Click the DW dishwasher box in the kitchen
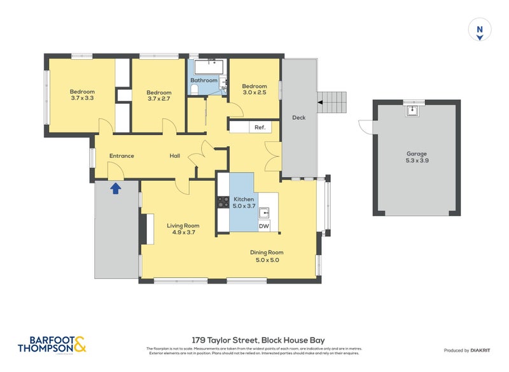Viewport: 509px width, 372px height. (264, 225)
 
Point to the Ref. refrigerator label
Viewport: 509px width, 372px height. (260, 127)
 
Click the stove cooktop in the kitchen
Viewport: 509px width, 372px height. (224, 202)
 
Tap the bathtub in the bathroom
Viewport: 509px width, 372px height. (207, 67)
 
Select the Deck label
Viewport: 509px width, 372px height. (298, 117)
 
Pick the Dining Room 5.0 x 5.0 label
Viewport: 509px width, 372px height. (267, 256)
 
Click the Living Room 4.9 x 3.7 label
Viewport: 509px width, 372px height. (183, 229)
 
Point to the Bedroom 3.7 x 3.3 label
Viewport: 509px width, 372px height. (82, 95)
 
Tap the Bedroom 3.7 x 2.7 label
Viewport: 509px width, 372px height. (158, 96)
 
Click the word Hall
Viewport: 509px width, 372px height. (176, 155)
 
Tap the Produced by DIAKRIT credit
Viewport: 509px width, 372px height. (470, 350)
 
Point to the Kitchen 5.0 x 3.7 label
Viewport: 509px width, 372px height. (244, 203)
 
